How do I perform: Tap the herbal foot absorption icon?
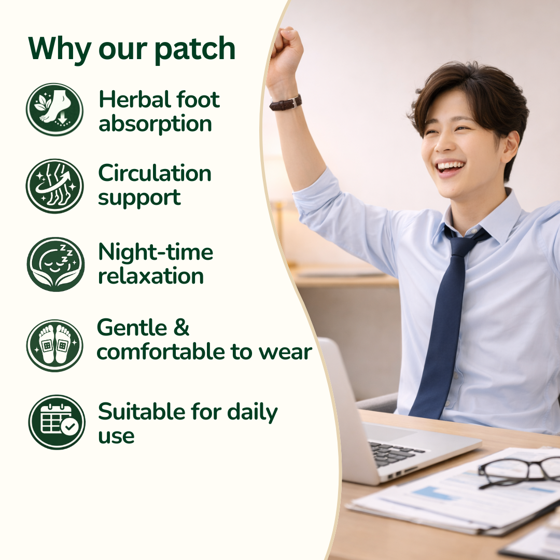[54, 110]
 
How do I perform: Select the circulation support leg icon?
[54, 186]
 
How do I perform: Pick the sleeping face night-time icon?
[55, 264]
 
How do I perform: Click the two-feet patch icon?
[54, 345]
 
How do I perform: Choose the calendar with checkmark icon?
[56, 422]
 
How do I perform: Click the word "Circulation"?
[155, 173]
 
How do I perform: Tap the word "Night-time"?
[156, 252]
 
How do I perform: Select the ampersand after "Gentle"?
[181, 328]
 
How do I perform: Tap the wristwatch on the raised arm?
[286, 102]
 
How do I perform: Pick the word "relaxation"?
[151, 276]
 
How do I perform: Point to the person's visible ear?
[509, 147]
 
